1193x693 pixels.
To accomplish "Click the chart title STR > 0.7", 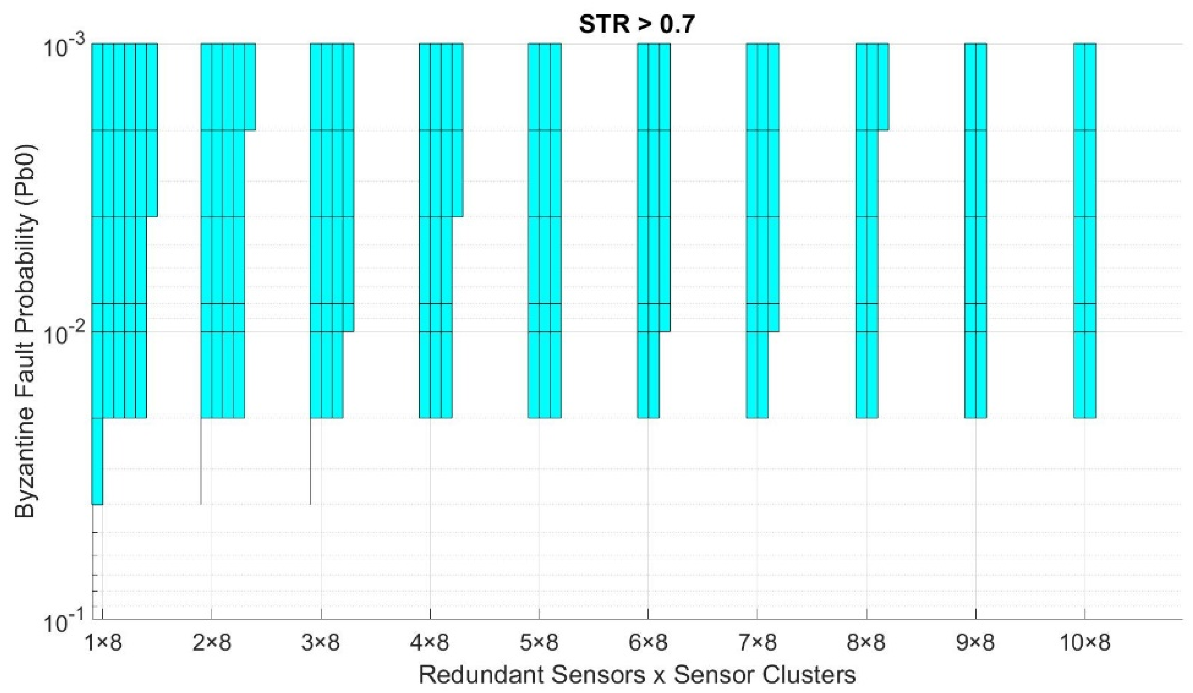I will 637,24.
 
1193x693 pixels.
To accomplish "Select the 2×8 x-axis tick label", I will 212,643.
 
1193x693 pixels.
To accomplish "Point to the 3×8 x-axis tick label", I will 321,643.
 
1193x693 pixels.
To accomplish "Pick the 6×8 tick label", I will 648,643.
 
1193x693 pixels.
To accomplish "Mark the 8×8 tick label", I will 866,643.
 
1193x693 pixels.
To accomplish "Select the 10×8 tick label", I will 1084,643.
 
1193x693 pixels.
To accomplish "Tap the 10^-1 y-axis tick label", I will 64,624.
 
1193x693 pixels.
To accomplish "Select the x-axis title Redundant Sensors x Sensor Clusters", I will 637,675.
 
